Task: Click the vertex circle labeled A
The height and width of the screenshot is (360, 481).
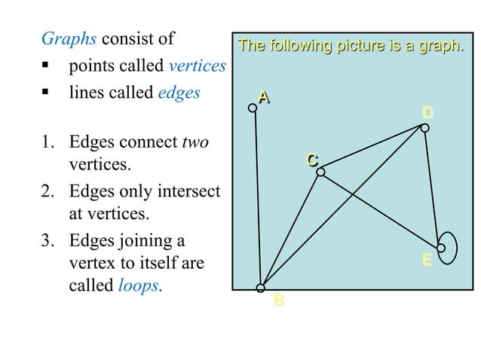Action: (253, 108)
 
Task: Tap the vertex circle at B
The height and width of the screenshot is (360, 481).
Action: (261, 288)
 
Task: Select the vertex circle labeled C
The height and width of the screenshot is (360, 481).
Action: (320, 172)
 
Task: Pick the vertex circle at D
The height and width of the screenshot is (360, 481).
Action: (425, 128)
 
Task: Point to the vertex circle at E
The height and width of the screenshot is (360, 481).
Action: (441, 247)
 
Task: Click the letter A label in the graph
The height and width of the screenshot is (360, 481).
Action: (263, 96)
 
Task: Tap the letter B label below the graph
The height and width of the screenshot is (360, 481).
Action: (279, 301)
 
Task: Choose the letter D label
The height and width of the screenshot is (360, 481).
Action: (427, 113)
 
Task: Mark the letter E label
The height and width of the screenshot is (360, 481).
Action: (427, 261)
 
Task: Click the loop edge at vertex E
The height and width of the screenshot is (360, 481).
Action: (455, 247)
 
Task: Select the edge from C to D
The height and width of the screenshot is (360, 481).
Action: (373, 151)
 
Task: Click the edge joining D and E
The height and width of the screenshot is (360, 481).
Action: (433, 187)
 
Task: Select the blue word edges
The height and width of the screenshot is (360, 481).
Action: (179, 93)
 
